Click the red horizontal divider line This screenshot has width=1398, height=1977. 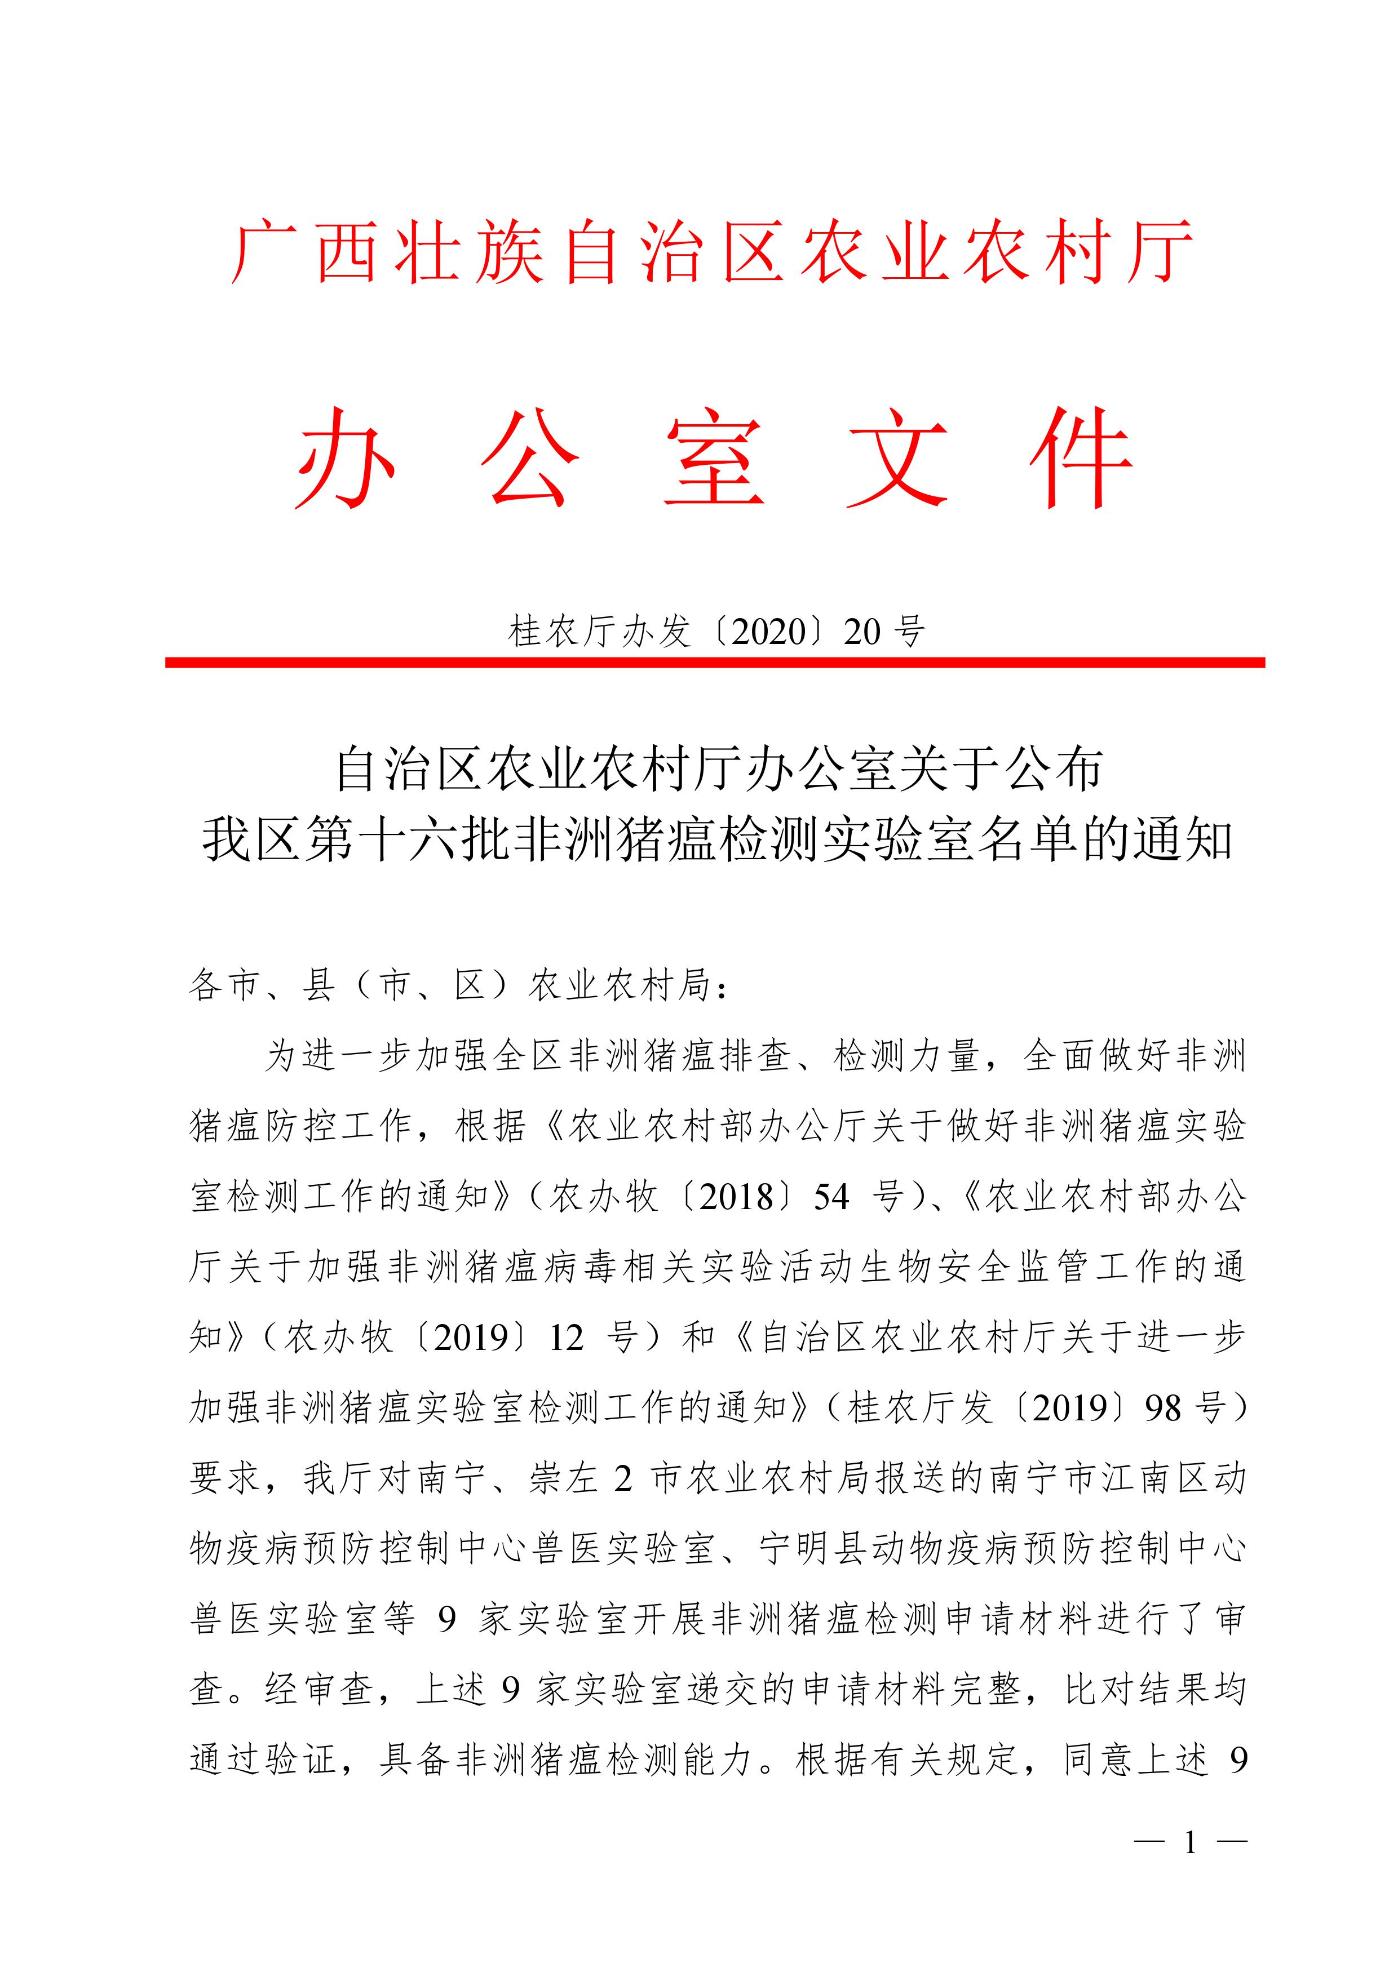(x=715, y=662)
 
